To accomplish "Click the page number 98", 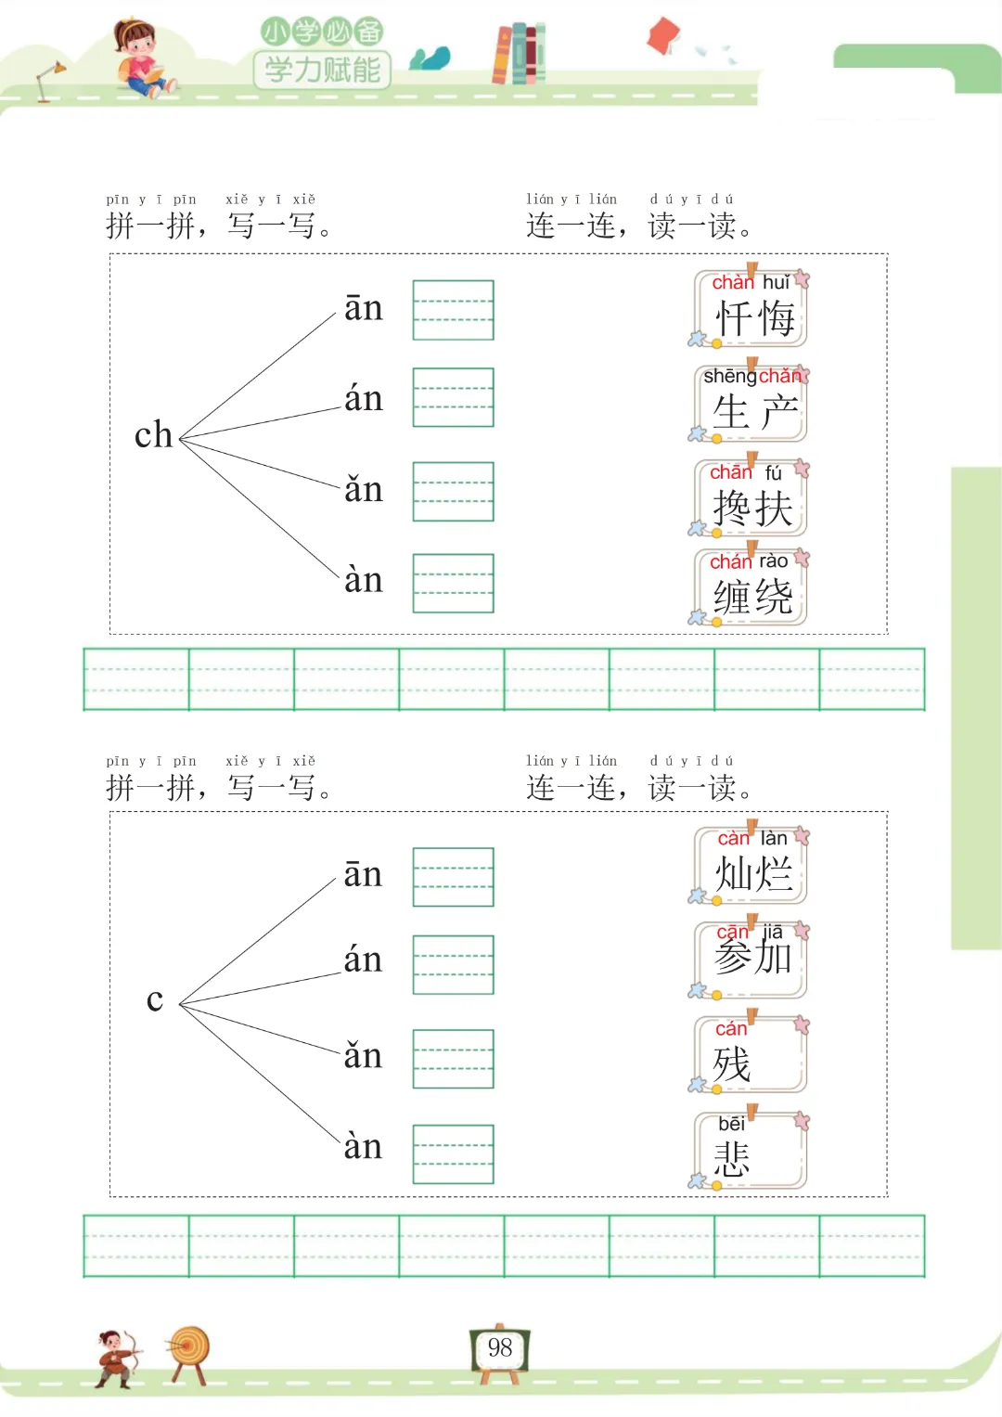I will (x=499, y=1347).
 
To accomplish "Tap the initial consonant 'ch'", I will (x=153, y=435).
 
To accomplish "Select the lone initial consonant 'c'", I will (x=155, y=1000).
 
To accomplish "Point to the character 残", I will (x=732, y=1064).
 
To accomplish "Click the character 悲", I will (x=732, y=1159).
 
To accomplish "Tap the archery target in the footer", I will (x=189, y=1349).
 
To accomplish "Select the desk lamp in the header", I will (x=49, y=80).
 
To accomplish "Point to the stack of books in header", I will (x=519, y=54).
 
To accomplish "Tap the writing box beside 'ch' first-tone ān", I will (x=453, y=310).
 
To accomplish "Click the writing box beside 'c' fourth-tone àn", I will (x=453, y=1153).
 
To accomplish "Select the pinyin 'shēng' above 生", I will (x=729, y=376).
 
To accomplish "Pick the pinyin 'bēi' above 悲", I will (x=731, y=1124).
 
